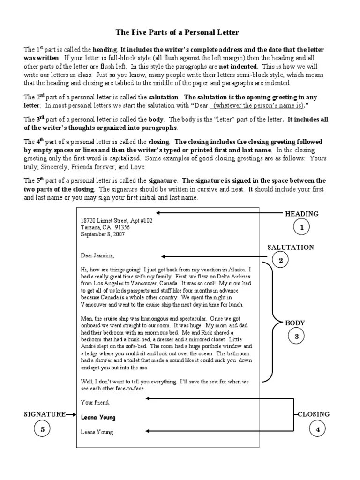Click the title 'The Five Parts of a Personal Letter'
click(178, 32)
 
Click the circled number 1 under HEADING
click(302, 228)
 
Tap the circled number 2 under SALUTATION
click(281, 261)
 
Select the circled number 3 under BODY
click(296, 336)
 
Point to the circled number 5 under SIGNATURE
click(42, 429)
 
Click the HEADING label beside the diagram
click(302, 214)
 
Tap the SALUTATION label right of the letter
click(291, 247)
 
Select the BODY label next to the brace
click(295, 323)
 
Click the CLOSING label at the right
click(314, 414)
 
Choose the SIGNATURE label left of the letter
click(45, 414)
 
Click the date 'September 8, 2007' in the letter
click(103, 234)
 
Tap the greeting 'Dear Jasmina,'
click(97, 255)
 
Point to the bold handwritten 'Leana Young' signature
click(98, 417)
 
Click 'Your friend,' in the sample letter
click(95, 402)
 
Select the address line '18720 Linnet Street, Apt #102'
click(116, 220)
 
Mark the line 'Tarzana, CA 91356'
click(105, 227)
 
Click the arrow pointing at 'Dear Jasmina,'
click(216, 256)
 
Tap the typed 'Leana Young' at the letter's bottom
click(97, 432)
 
